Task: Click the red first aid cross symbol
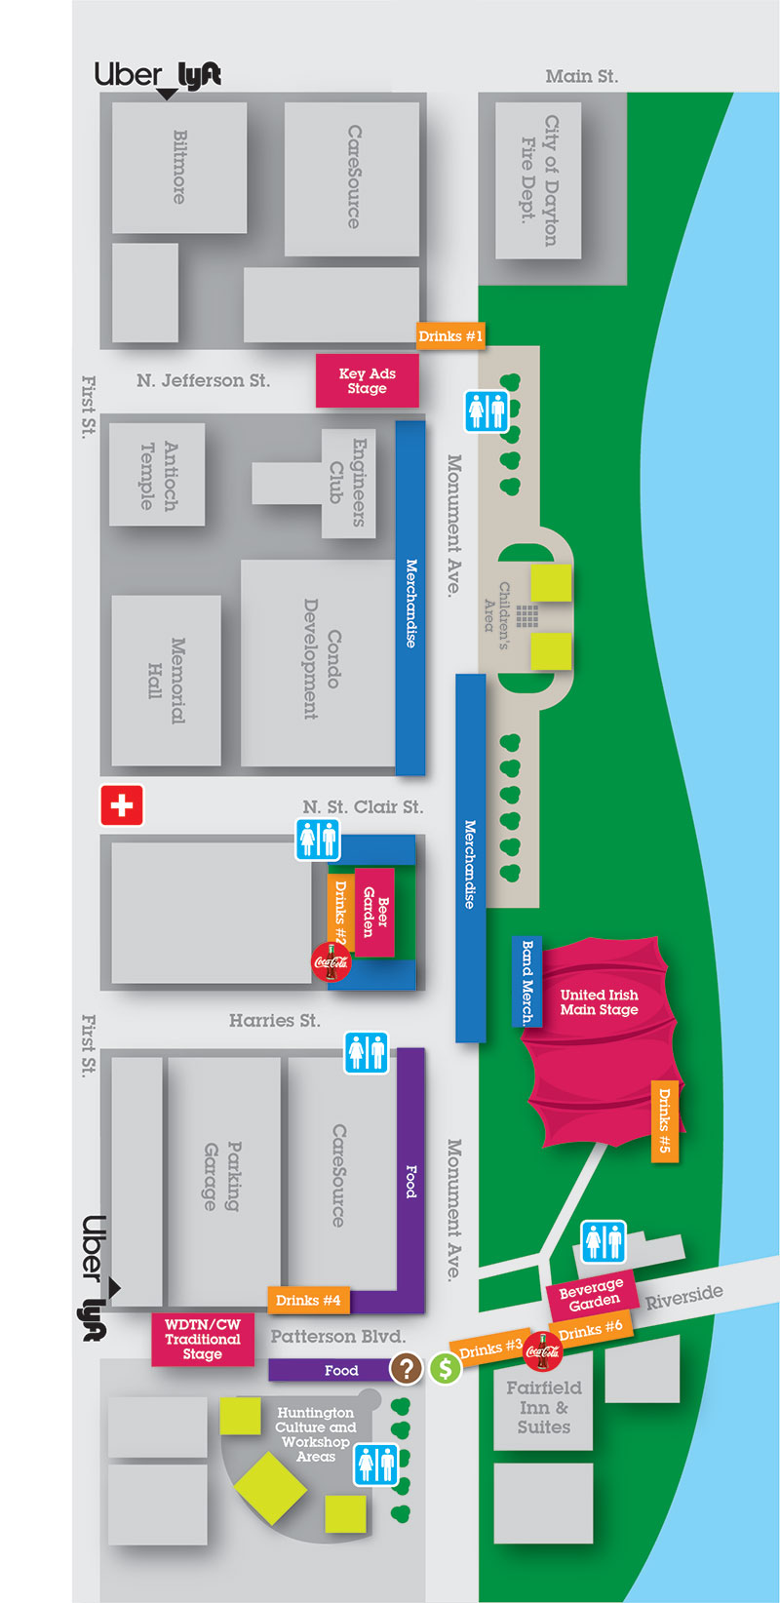(x=122, y=805)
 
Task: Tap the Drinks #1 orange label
(x=449, y=335)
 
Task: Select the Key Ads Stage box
(x=367, y=380)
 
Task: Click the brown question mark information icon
(x=406, y=1368)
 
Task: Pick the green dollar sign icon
(x=445, y=1368)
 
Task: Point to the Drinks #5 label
(x=664, y=1121)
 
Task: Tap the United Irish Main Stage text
(x=599, y=1002)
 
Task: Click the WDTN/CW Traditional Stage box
(x=202, y=1339)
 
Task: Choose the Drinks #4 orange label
(x=308, y=1300)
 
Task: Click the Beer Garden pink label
(x=375, y=912)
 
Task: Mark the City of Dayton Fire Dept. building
(x=538, y=181)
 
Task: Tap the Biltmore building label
(x=179, y=167)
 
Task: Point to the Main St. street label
(x=581, y=76)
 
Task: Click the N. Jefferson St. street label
(x=203, y=380)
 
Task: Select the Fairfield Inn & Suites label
(x=543, y=1406)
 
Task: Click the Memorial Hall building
(x=166, y=680)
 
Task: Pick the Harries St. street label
(x=274, y=1020)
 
